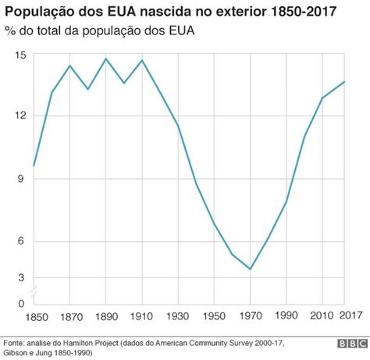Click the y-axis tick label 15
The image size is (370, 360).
pos(20,55)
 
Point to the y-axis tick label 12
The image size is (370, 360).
pos(20,116)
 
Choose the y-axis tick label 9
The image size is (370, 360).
pos(22,179)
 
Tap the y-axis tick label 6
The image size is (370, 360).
pos(22,241)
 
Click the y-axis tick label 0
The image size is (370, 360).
pos(22,303)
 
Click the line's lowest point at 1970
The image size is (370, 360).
pos(250,269)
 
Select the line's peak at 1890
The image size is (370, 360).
pos(106,59)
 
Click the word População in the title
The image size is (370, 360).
pos(38,13)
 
